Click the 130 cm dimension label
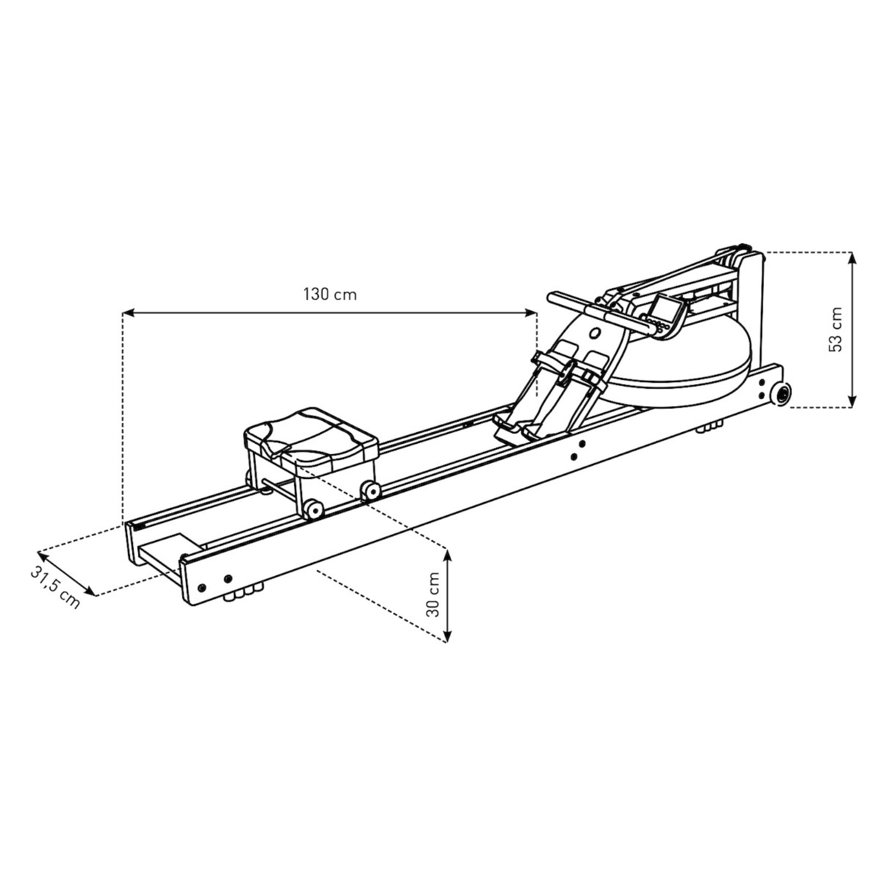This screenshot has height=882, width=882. (330, 294)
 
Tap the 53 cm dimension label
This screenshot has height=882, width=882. (836, 329)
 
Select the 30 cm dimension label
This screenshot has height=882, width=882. (433, 595)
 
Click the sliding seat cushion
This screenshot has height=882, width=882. (311, 438)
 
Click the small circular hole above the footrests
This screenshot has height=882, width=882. (595, 333)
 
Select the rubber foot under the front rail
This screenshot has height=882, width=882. (709, 428)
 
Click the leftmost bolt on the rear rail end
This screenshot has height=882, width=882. (202, 587)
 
